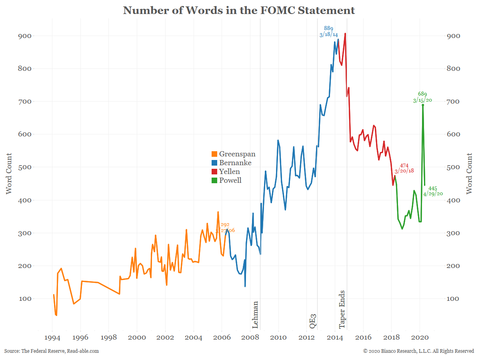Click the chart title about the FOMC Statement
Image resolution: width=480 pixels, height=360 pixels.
coord(239,10)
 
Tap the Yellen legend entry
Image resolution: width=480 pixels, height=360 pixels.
coord(226,172)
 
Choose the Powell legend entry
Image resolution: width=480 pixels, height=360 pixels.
coord(227,180)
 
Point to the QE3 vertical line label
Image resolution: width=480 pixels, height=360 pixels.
coord(313,321)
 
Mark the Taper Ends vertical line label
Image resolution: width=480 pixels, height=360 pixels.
coord(342,310)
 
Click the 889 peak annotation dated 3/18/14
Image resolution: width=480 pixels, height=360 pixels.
coord(328,32)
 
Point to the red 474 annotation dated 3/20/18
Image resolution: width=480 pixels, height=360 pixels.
coord(404,168)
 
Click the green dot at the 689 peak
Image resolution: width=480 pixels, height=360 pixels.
coord(423,105)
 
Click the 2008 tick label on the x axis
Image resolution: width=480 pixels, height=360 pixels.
coord(250,338)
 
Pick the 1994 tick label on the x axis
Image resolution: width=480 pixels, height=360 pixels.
coord(52,338)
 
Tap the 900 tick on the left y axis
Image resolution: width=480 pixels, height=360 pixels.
coord(24,36)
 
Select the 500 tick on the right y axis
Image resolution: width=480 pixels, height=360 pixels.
coord(454,167)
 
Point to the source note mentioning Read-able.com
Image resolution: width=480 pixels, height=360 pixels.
coord(52,351)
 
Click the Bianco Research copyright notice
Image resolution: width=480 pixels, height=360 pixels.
coord(418,351)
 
